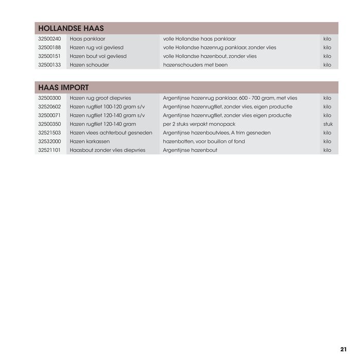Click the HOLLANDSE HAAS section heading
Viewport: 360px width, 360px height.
click(71, 28)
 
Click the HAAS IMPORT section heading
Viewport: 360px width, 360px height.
click(63, 87)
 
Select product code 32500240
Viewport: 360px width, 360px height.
click(49, 39)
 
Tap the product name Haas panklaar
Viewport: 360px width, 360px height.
click(87, 39)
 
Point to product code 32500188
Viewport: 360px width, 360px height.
click(49, 47)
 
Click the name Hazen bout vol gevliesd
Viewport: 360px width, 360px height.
click(98, 56)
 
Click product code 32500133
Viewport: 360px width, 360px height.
click(49, 65)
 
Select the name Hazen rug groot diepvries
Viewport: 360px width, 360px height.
click(100, 98)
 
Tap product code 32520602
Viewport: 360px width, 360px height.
click(49, 106)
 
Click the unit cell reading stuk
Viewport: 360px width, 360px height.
click(328, 124)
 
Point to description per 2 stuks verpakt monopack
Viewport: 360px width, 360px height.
click(199, 124)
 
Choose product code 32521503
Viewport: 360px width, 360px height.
click(49, 133)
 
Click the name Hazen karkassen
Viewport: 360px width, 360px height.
click(89, 141)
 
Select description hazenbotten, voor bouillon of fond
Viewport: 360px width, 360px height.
click(204, 141)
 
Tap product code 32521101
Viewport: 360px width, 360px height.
click(49, 150)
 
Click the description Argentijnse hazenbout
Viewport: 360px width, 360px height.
click(190, 150)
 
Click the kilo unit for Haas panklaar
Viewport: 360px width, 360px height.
click(327, 39)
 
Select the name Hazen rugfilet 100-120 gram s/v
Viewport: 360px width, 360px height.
click(107, 106)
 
